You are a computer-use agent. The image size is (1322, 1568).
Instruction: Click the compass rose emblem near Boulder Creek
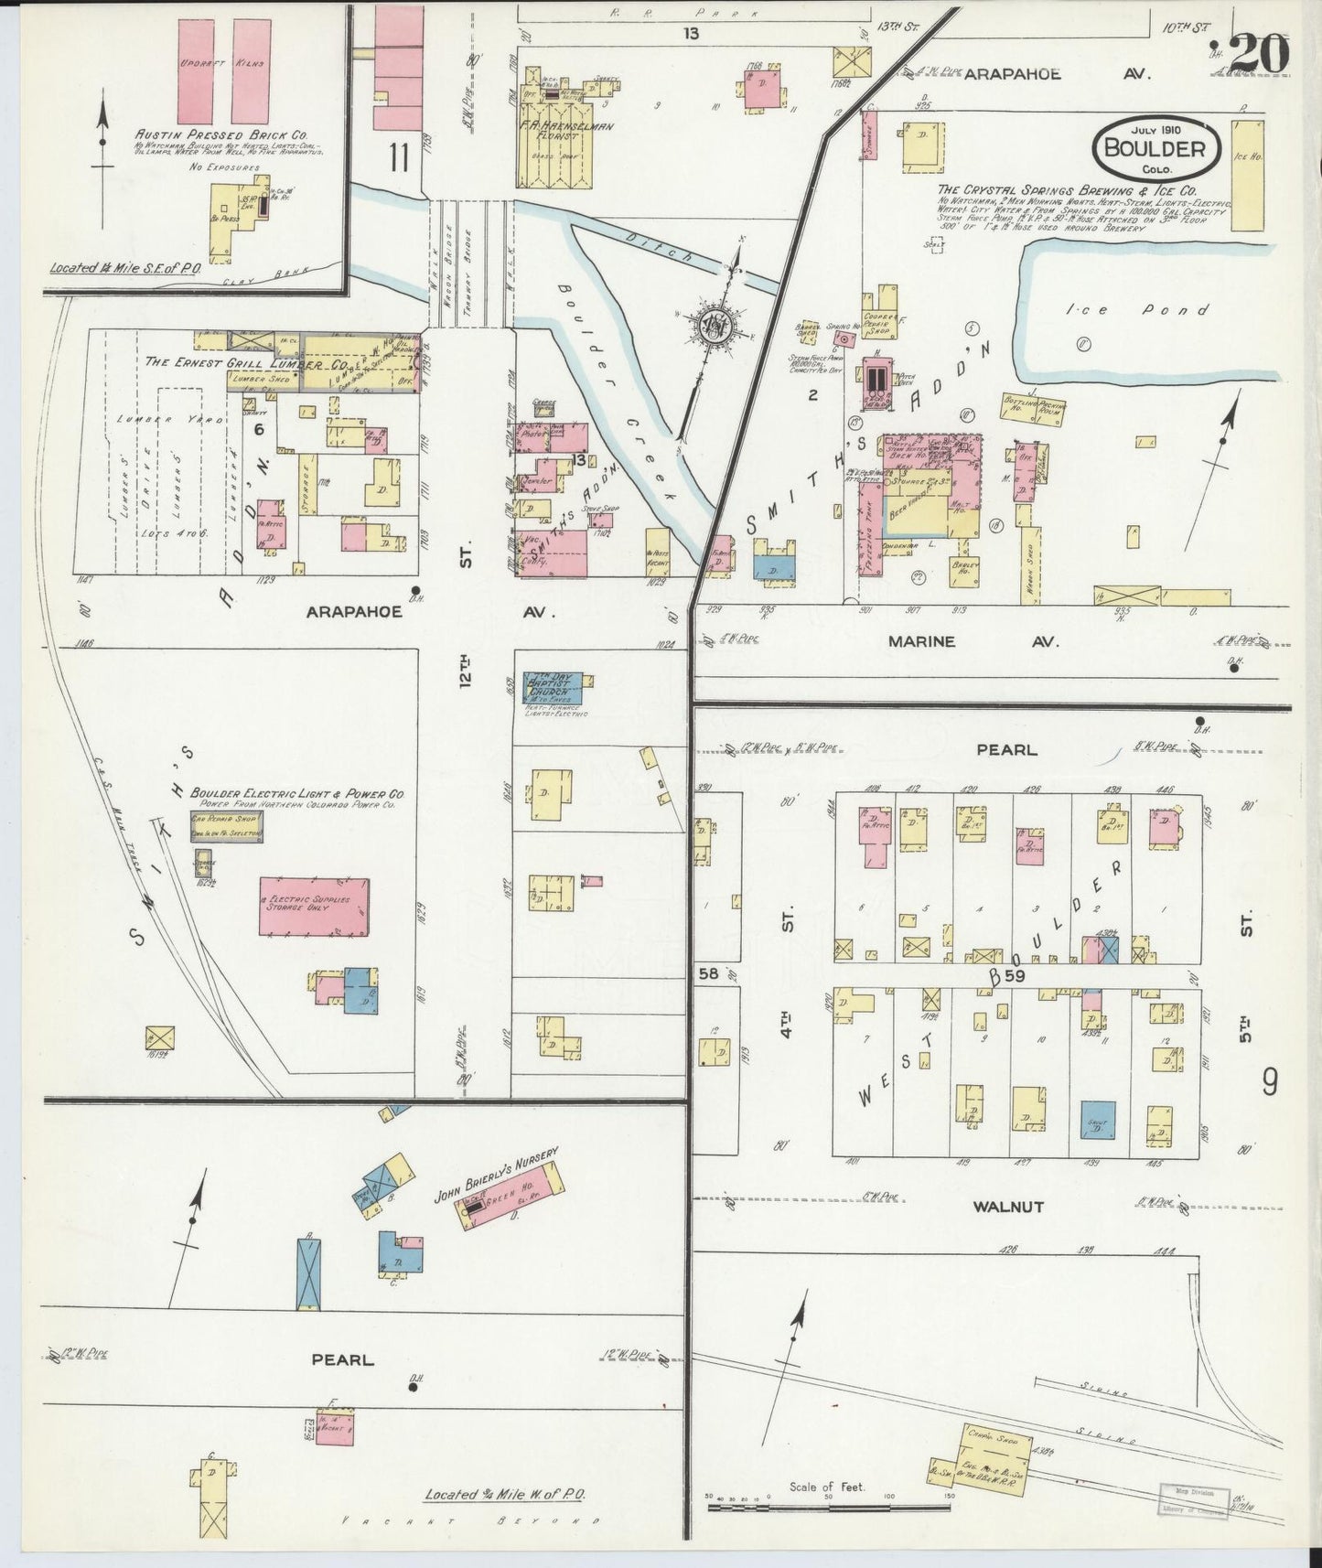coord(712,325)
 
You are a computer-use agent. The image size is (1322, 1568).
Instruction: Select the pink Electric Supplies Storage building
coord(315,907)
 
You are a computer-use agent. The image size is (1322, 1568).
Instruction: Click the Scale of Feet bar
coord(787,1505)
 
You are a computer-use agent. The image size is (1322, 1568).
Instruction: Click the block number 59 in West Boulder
coord(1015,976)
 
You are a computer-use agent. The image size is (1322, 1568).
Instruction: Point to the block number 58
coord(708,974)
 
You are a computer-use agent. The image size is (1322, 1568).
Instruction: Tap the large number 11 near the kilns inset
coord(397,158)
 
